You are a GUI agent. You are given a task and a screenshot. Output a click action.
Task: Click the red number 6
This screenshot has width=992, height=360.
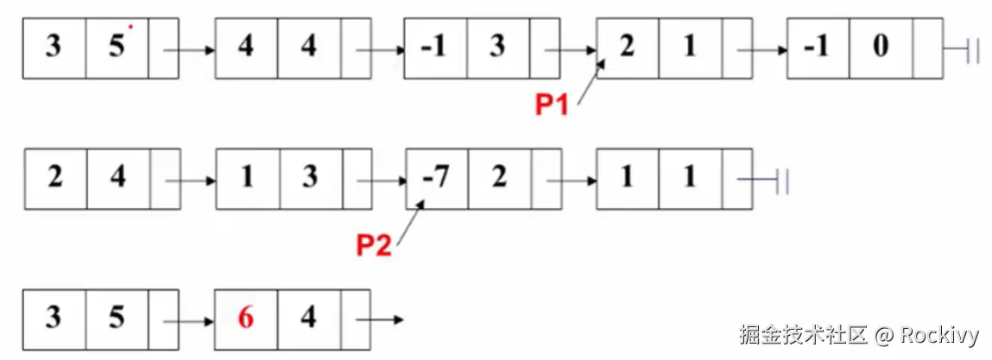pos(246,319)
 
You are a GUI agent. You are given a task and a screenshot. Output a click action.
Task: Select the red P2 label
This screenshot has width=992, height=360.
pos(374,246)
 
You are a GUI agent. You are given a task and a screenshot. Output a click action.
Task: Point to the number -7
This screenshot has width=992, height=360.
pos(437,178)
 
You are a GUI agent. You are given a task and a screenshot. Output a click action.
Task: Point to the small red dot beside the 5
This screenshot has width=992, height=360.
pos(130,27)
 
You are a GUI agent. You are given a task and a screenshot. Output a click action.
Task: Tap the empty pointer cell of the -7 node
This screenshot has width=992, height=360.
pos(547,179)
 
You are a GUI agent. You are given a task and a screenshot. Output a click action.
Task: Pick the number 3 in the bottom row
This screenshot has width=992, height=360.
pos(54,319)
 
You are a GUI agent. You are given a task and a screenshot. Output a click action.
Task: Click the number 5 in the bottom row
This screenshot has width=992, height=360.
pos(117,319)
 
